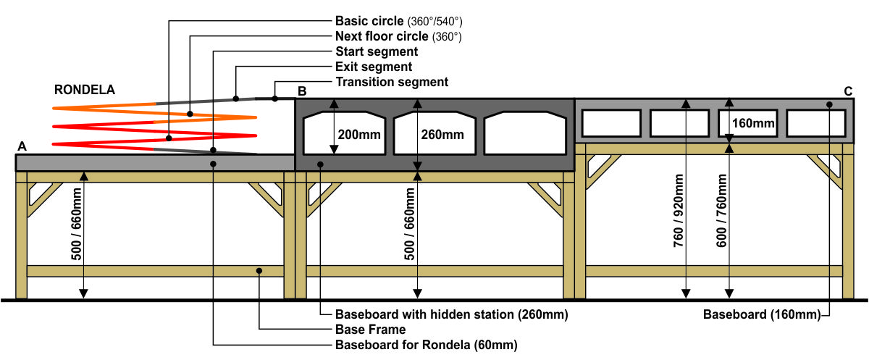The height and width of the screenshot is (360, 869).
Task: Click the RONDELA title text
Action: point(85,90)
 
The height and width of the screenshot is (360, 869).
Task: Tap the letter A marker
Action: point(22,146)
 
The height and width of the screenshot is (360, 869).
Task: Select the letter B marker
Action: point(302,91)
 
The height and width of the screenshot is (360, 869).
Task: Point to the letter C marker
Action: point(848,91)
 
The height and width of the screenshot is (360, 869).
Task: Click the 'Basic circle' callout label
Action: point(399,21)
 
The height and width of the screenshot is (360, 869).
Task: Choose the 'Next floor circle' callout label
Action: point(398,36)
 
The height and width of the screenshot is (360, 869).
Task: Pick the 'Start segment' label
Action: point(377,51)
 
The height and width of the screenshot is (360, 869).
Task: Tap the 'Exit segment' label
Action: point(373,67)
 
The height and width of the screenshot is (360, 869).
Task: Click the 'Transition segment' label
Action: point(392,82)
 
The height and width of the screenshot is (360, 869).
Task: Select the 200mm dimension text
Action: point(359,135)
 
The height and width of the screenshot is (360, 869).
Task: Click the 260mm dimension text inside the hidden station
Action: point(442,135)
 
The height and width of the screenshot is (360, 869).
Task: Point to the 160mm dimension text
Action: point(753,123)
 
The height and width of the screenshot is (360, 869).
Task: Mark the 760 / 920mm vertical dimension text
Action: point(678,211)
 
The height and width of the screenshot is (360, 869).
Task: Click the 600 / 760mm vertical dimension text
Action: point(721,211)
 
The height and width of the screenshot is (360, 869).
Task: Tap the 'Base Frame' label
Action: point(371,330)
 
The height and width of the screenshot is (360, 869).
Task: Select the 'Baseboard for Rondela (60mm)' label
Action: point(427,345)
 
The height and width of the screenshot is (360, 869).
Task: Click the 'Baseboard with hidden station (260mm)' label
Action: point(452,314)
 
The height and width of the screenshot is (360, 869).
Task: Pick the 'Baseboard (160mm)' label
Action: point(762,314)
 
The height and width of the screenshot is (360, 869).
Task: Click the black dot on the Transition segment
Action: point(274,99)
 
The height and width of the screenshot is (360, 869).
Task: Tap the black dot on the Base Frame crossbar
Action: point(259,271)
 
